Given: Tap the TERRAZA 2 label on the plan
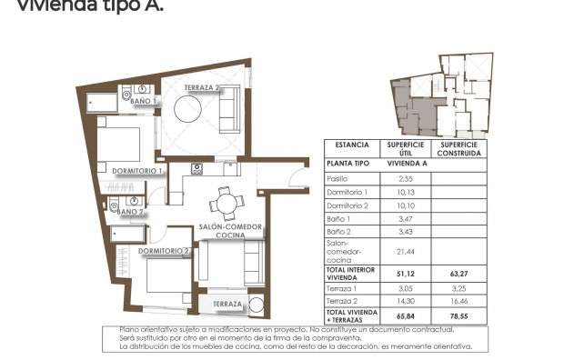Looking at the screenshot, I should coord(202,88).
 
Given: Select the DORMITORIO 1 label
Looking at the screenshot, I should coord(136,171).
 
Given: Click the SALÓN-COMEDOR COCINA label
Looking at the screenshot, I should coord(232,231).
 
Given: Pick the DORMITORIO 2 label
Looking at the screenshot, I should coord(164,251).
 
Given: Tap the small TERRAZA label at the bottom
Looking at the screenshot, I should coord(222,304).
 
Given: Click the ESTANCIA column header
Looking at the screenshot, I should coord(352,145).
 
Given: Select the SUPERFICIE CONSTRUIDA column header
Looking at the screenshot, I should coord(459,148).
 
